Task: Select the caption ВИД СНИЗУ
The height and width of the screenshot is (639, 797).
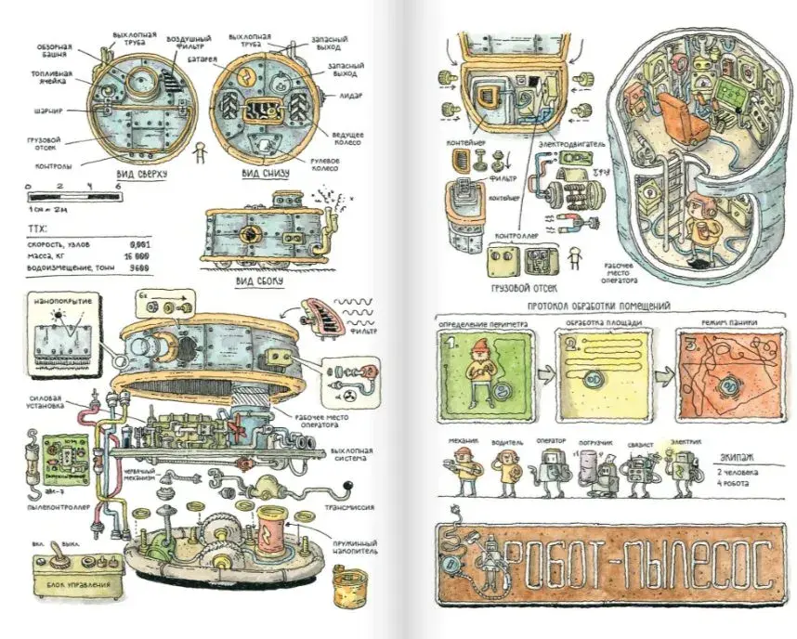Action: pos(262,173)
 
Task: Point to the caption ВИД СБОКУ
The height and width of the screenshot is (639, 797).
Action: pos(258,280)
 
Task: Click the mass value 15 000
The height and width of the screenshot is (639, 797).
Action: pos(137,254)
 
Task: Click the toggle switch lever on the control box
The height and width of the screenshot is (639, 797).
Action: pos(56,555)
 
